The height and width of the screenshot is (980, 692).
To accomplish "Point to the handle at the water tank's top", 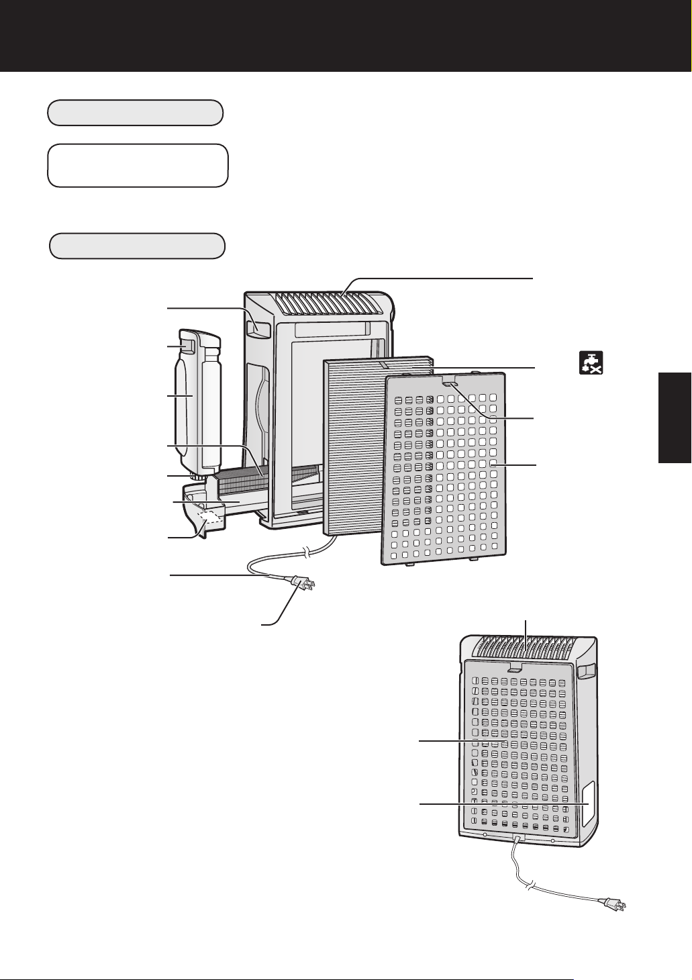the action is pyautogui.click(x=189, y=346).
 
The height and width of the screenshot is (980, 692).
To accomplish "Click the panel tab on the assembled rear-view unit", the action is pyautogui.click(x=515, y=669).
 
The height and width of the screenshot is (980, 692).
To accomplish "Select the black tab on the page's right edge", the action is pyautogui.click(x=674, y=417).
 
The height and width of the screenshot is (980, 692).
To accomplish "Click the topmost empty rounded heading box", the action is pyautogui.click(x=135, y=113).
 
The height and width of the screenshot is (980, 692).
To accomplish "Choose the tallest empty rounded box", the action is pyautogui.click(x=138, y=164).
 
